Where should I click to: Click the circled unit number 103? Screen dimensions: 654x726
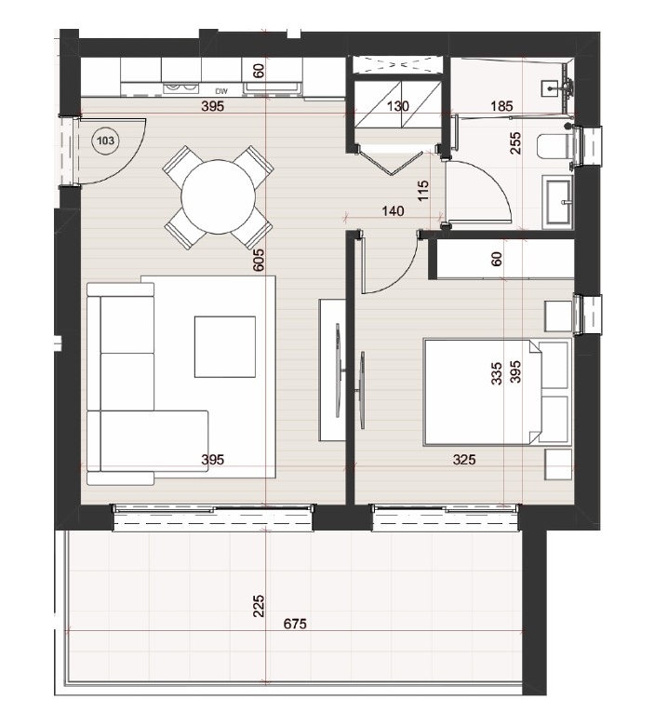106,141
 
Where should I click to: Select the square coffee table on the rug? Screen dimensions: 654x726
225,347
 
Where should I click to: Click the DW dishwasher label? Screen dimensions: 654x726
221,91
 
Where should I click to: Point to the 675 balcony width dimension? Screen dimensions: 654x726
295,625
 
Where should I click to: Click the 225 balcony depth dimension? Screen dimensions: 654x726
259,606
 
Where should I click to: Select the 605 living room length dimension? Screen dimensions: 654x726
259,261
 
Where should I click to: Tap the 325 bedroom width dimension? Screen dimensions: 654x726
464,459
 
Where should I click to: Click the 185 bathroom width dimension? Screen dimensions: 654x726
501,106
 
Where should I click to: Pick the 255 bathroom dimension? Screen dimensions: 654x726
514,143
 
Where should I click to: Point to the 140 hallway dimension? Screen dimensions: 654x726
393,211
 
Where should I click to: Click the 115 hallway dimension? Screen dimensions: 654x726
423,190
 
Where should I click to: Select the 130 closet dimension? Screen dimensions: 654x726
398,106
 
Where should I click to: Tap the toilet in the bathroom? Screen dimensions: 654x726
556,147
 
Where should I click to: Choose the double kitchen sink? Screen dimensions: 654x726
181,88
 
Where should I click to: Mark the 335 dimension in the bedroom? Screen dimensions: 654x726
496,373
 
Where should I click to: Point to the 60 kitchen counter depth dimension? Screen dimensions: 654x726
259,71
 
